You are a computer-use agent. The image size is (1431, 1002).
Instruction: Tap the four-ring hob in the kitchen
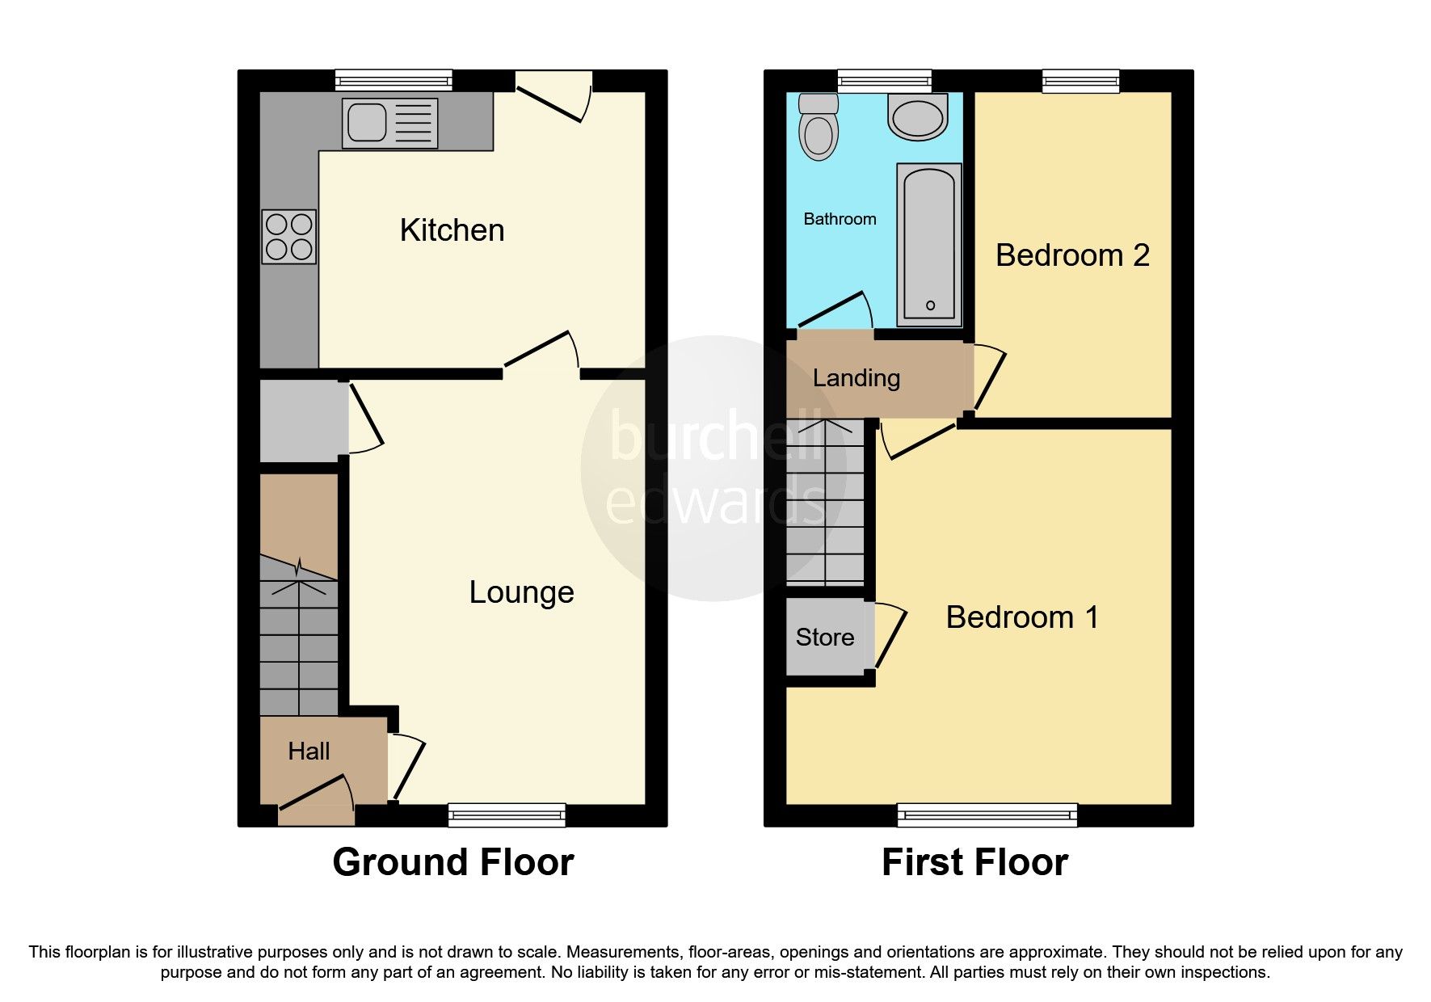(x=288, y=237)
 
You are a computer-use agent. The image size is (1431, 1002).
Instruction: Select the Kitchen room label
(x=452, y=230)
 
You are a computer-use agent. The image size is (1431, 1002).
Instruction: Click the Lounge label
(x=521, y=592)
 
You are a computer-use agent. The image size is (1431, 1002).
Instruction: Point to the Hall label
(x=309, y=751)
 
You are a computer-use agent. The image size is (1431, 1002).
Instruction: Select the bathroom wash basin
(x=917, y=117)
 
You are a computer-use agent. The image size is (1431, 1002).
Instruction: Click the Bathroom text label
(x=840, y=219)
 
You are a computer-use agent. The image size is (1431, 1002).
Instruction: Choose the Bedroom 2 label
(x=1072, y=255)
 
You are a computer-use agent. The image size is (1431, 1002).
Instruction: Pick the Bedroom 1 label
(x=1022, y=617)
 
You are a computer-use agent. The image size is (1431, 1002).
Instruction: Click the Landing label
(x=856, y=378)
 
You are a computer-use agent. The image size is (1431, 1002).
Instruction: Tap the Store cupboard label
(x=824, y=638)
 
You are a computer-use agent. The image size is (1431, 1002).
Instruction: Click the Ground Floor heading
(x=452, y=862)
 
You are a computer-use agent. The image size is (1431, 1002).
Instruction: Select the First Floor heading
(x=974, y=862)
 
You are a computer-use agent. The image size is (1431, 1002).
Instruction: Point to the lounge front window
(x=507, y=815)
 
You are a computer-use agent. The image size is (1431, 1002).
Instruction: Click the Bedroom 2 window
(x=1080, y=81)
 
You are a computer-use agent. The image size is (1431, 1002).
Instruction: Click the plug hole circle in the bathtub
(x=930, y=305)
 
